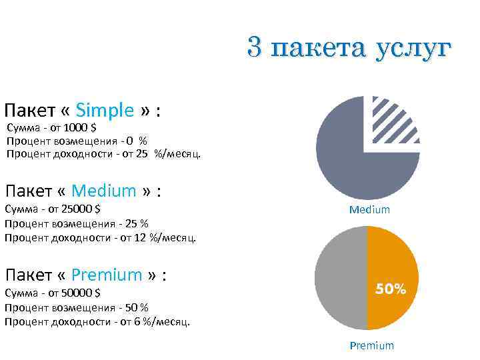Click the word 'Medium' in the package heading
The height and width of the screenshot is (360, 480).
coord(103,191)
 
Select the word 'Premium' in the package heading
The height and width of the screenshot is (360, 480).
coord(107,275)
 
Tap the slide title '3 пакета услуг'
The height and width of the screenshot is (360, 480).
coord(349,48)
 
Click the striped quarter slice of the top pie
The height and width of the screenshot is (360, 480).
coord(393,121)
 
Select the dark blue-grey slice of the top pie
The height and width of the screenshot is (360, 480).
coord(347,160)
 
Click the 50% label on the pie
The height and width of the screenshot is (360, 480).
coord(391,289)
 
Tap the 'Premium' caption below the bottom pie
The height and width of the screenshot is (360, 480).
coord(372,345)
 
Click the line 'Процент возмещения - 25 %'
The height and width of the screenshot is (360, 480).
coord(76,223)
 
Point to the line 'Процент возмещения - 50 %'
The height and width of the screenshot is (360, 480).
coord(76,307)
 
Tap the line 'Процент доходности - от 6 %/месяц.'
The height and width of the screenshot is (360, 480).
coord(97,321)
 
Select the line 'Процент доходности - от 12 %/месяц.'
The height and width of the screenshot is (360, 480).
coord(100,237)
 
